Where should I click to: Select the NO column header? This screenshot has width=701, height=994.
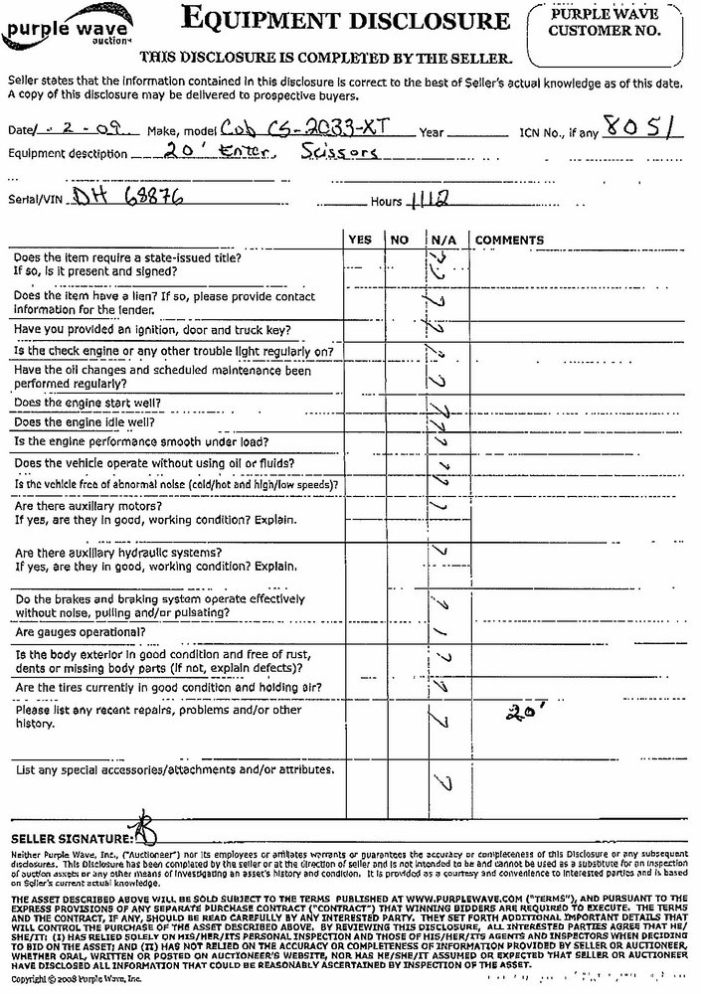[399, 241]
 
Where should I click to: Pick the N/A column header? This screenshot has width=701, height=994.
[441, 241]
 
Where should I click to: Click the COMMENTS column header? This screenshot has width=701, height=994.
[509, 241]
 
